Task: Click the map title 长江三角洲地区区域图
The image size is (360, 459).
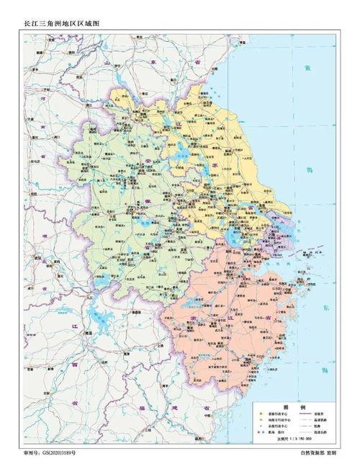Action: pyautogui.click(x=60, y=24)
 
